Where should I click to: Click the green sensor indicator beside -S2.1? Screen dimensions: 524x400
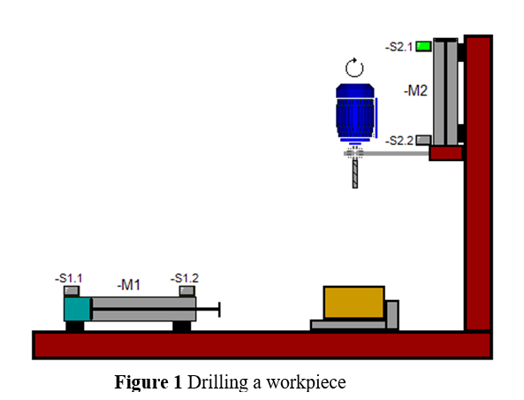[423, 46]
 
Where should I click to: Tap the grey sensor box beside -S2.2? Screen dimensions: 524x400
[423, 140]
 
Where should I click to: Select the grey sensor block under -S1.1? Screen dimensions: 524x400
[72, 290]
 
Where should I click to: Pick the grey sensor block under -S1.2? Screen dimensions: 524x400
[186, 290]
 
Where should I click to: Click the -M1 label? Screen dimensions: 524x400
[129, 285]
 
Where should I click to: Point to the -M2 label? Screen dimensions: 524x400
[415, 91]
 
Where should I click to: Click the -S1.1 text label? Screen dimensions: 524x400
[69, 278]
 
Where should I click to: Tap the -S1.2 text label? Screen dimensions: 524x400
[185, 278]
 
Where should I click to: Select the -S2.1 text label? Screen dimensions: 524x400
[399, 47]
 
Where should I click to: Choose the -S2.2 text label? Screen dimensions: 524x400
[399, 141]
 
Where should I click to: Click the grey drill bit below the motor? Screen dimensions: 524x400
[355, 174]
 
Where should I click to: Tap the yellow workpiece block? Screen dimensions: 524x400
[354, 303]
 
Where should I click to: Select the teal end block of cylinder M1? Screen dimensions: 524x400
[77, 309]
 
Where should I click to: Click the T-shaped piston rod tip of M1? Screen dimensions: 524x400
[219, 309]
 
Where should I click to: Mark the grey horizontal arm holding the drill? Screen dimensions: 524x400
[387, 153]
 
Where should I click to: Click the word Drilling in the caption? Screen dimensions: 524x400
[217, 382]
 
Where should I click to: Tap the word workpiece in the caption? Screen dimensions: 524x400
[306, 383]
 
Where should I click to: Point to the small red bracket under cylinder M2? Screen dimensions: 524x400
[446, 153]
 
